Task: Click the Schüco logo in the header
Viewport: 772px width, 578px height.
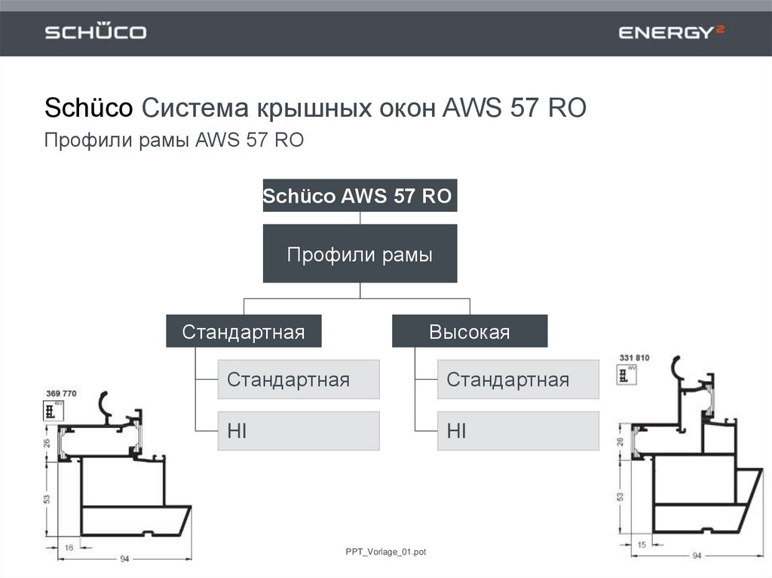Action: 96,32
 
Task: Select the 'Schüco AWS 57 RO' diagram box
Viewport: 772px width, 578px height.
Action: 360,197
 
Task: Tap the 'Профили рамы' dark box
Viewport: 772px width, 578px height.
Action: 360,254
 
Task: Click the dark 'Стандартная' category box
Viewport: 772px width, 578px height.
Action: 244,332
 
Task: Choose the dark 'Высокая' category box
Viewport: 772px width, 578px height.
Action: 470,332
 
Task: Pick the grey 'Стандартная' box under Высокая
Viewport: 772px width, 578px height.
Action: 518,379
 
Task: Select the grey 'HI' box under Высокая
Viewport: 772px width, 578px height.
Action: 518,431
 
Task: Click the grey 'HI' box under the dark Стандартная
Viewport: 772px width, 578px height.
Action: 299,431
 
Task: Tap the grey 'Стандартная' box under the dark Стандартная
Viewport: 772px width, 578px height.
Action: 299,379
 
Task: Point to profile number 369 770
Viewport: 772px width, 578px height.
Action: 61,393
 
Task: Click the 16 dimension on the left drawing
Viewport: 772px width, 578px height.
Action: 69,549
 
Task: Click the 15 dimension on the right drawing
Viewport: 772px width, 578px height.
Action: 641,544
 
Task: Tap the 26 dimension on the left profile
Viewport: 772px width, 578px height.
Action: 46,442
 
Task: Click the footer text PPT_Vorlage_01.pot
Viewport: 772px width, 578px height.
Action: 381,552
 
